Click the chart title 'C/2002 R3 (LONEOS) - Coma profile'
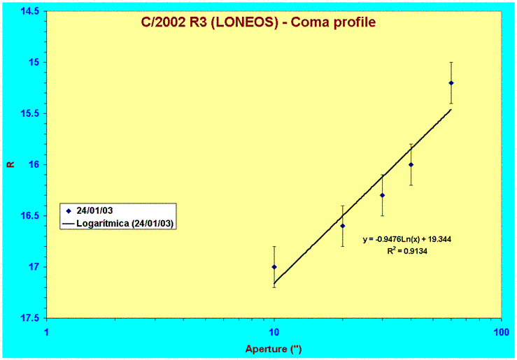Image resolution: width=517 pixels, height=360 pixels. coord(258,22)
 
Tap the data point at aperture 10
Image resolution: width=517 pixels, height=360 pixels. coord(274,267)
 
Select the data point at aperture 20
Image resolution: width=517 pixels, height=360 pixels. coord(343,226)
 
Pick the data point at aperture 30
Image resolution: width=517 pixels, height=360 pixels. coord(383,195)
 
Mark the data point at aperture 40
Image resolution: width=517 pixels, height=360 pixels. coord(411,165)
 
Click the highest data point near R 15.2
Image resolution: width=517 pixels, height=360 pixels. coord(451,83)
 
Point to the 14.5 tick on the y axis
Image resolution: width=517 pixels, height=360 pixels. coord(29,11)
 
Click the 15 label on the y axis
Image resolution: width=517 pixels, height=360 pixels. coord(34,62)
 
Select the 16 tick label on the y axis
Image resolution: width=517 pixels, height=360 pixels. coord(34,164)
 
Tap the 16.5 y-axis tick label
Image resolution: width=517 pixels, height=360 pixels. coord(29,216)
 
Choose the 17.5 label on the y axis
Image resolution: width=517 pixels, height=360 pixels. coord(29,318)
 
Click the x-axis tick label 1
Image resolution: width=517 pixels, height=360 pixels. coord(46,332)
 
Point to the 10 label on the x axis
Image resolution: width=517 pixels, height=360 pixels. coord(274,332)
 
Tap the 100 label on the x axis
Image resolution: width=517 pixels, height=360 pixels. coord(501,332)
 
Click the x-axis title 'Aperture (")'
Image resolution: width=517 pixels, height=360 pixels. coord(274,349)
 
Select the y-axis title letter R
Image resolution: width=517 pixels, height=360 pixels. coord(11,164)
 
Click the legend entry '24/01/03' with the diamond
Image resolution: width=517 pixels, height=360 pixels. coord(90,211)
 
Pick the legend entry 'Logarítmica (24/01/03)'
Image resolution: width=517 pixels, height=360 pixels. coord(118,223)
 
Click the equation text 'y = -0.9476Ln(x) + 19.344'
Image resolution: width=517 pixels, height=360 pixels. coord(407,239)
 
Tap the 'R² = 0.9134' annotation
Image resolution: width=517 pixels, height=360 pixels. coord(407,251)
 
